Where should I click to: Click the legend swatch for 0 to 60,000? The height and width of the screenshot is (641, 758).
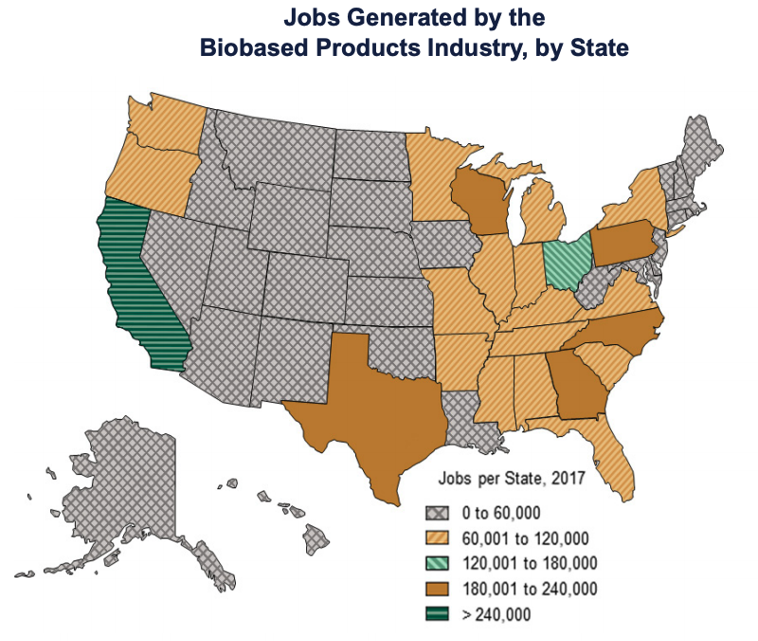[437, 513]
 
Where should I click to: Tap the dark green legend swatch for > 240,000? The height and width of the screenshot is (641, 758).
[437, 614]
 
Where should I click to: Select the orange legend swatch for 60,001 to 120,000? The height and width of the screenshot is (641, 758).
[437, 539]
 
